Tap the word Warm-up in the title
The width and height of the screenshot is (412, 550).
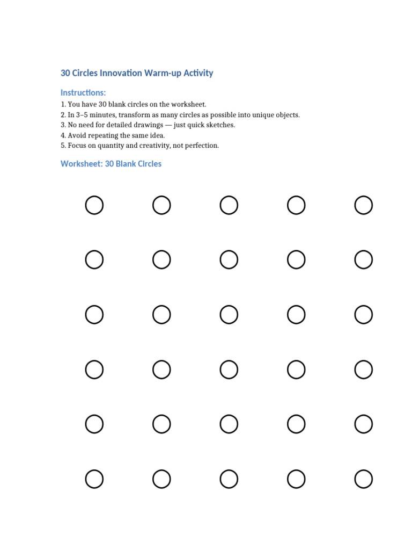click(163, 73)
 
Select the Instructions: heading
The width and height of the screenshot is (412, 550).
click(83, 93)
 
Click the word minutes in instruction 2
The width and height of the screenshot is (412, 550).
click(101, 115)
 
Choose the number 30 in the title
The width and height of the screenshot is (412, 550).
click(65, 73)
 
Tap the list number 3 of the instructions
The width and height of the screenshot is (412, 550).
click(63, 125)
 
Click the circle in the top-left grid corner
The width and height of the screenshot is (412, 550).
click(94, 205)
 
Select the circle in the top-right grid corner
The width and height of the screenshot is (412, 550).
click(363, 205)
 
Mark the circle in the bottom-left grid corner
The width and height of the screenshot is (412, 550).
click(94, 479)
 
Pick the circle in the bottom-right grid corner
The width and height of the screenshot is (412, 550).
click(363, 479)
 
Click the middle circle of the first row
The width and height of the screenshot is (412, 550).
click(229, 205)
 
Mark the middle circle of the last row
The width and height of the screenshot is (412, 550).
click(229, 479)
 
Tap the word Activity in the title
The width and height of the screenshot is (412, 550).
click(198, 73)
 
